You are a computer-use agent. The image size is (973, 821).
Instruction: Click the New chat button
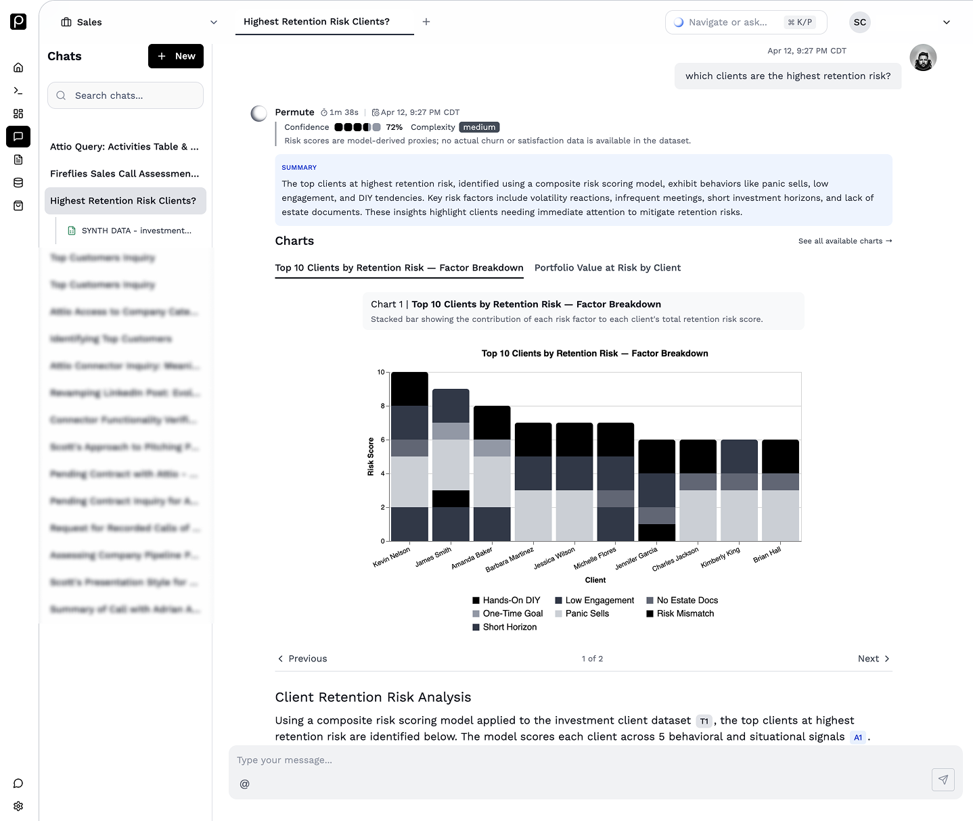click(x=175, y=56)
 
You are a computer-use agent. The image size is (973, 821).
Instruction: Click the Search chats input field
click(x=125, y=95)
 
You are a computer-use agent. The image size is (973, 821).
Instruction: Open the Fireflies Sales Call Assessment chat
click(x=125, y=174)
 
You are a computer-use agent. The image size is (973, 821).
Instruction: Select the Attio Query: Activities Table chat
click(x=125, y=147)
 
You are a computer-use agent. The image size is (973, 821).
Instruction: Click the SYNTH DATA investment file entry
click(x=135, y=231)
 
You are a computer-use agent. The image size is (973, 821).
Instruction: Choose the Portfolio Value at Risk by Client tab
click(x=607, y=268)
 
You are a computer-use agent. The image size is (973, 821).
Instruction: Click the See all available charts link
click(x=844, y=241)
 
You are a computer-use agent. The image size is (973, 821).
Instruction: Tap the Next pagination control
click(x=873, y=659)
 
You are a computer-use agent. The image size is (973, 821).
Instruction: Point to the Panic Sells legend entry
click(x=586, y=613)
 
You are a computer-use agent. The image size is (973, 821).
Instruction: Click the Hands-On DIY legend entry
click(x=511, y=600)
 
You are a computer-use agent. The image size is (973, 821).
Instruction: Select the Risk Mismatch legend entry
click(x=685, y=613)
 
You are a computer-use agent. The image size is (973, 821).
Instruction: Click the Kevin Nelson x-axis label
click(x=392, y=557)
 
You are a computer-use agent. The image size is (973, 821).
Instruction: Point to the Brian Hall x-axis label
click(x=767, y=555)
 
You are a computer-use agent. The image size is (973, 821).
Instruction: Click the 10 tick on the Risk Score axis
click(x=381, y=372)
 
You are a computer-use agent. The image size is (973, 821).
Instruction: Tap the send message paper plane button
click(x=943, y=780)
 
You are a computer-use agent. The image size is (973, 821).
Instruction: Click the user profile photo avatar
click(x=923, y=57)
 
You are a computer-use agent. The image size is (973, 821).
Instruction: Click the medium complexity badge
click(x=479, y=127)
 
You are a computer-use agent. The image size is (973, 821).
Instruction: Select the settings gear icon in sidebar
click(x=18, y=806)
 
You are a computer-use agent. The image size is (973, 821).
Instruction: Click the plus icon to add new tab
click(x=426, y=22)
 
